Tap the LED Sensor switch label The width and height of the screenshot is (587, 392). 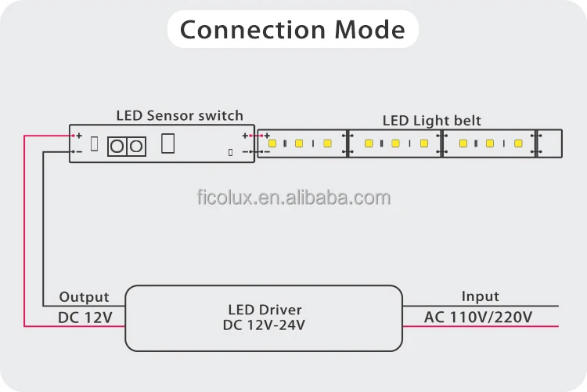[179, 115]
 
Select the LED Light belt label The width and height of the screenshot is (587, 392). [431, 121]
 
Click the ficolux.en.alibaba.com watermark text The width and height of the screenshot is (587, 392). [293, 198]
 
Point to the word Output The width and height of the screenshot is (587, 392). [84, 297]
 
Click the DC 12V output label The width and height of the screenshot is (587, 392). [85, 318]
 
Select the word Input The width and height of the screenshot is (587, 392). [480, 296]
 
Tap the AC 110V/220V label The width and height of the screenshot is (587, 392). [478, 318]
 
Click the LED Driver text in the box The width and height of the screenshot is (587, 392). [265, 310]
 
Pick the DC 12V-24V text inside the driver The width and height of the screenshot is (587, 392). [265, 324]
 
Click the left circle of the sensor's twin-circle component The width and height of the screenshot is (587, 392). [118, 146]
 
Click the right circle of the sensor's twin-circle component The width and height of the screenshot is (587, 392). [135, 146]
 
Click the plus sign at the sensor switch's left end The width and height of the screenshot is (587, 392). [78, 136]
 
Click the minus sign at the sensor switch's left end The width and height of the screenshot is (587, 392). [78, 151]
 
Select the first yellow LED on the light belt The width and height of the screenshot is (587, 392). [272, 143]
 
